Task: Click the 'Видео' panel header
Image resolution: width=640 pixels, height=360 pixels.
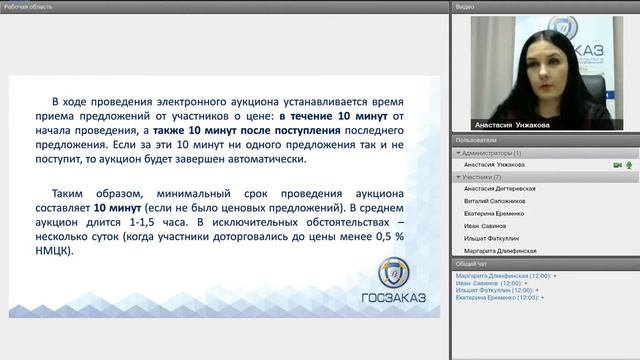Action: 465,6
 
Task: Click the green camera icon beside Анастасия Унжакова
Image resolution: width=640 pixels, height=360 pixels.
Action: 617,164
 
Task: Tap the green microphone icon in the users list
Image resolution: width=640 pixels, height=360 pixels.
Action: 630,164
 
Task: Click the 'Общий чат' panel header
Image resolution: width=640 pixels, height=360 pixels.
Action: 471,263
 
